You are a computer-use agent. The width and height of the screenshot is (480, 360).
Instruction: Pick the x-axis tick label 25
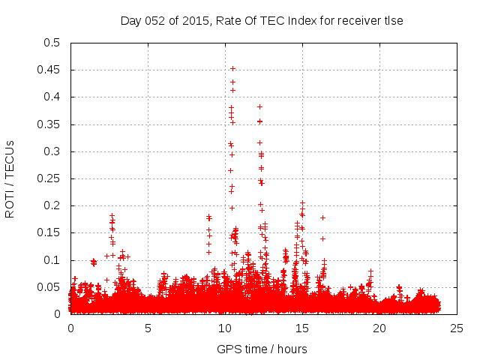click(x=457, y=328)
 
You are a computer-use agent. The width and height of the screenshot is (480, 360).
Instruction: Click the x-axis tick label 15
click(x=303, y=328)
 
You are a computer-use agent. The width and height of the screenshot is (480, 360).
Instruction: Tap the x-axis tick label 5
click(x=148, y=328)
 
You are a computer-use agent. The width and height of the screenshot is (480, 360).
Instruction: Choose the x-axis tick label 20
click(x=380, y=328)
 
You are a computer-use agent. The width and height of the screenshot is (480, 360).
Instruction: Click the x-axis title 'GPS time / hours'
click(x=262, y=349)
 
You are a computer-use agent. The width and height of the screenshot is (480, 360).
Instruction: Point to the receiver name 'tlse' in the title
click(x=392, y=21)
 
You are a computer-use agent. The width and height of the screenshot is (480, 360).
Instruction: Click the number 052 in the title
click(x=154, y=21)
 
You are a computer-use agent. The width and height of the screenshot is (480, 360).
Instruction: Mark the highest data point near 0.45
click(x=232, y=68)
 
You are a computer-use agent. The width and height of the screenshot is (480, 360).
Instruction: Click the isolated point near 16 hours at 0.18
click(x=322, y=217)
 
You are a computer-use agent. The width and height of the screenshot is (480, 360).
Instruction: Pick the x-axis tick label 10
click(x=226, y=328)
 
